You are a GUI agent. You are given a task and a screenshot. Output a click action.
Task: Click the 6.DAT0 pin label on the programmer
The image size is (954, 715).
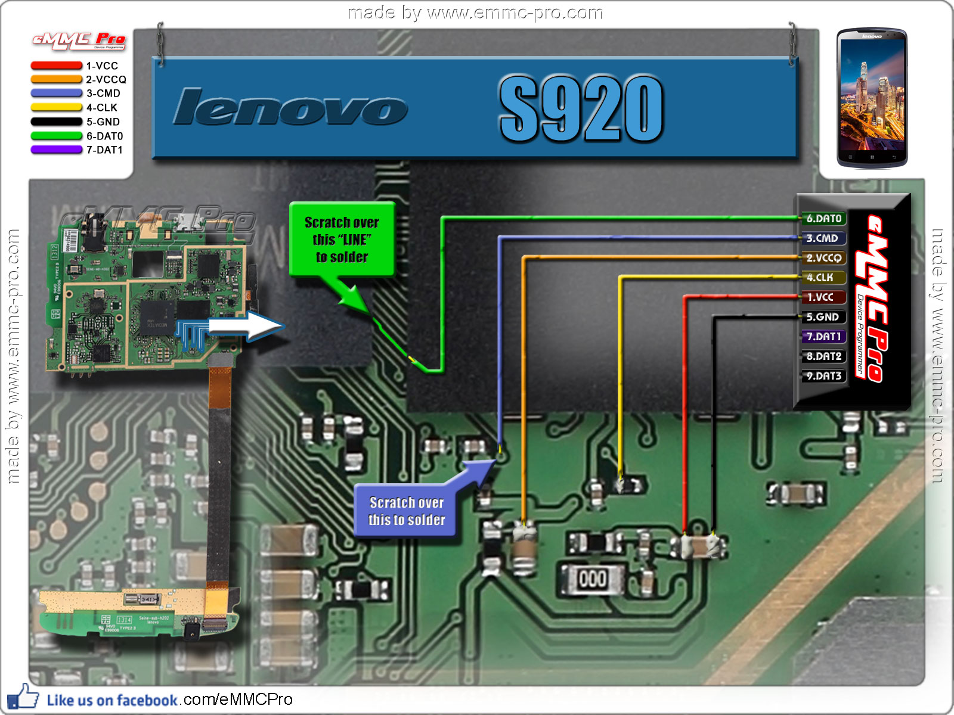[x=823, y=219]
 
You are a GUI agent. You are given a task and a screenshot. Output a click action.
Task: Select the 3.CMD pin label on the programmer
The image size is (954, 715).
[x=822, y=238]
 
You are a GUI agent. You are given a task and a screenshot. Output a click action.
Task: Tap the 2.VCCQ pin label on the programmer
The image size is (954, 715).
[x=823, y=258]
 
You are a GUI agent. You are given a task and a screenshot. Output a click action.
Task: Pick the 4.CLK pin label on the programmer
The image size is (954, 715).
[x=820, y=278]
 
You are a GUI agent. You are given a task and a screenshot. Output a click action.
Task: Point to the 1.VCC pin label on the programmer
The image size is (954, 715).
[x=820, y=297]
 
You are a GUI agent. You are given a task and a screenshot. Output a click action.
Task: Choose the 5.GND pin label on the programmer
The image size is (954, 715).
[x=822, y=317]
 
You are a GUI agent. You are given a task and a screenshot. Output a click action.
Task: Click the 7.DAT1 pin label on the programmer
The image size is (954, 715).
[x=823, y=337]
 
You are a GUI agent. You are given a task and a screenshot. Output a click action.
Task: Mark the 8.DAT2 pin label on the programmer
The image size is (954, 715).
[x=823, y=356]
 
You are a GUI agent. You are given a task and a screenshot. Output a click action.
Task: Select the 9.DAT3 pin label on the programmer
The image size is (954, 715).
[x=823, y=376]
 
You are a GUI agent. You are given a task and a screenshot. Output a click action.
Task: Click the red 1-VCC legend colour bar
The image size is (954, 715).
[x=56, y=66]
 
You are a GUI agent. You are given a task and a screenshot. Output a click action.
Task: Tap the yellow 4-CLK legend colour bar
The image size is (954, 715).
[x=56, y=108]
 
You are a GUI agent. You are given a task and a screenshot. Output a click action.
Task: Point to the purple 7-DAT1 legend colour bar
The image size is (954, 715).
[x=56, y=150]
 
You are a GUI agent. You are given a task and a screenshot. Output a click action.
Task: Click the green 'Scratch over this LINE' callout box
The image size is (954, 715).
[x=342, y=240]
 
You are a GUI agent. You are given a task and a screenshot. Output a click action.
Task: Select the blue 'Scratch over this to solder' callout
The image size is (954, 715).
[x=406, y=511]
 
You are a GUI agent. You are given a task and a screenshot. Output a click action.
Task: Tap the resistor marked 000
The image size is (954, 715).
[x=592, y=579]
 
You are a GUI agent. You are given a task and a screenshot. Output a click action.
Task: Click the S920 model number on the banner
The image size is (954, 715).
[x=581, y=108]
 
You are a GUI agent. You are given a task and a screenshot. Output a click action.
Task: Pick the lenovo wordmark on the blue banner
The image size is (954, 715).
[x=290, y=108]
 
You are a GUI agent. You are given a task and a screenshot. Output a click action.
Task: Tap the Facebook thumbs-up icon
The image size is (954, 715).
[x=23, y=697]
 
